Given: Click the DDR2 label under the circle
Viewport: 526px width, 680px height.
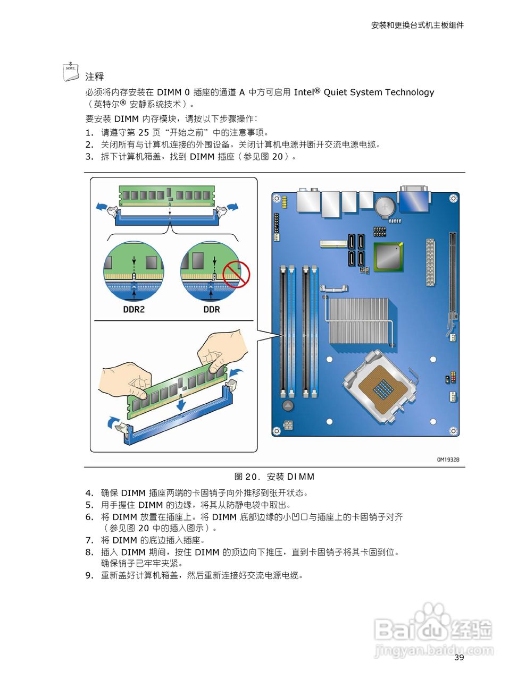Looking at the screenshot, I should pos(133,309).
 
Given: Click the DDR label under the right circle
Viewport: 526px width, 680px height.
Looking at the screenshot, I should pos(212,309).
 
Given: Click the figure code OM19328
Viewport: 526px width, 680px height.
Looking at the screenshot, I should pos(448,460).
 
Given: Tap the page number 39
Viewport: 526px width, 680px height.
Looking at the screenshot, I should pos(459,658).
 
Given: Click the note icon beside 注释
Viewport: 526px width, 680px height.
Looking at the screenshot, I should pos(71,72).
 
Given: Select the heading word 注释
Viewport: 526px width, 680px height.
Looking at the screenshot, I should pos(95,76).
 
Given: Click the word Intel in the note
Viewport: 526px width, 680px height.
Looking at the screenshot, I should pos(304,92).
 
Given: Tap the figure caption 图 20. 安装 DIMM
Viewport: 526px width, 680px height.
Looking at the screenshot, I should pos(274,477).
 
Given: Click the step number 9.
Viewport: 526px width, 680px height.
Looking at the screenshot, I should pos(89,575).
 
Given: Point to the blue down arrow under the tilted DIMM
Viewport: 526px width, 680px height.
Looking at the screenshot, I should pos(181,404).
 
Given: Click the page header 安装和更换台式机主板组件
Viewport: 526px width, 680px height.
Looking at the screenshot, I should pos(417,25).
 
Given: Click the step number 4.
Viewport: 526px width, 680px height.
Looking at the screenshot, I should pos(89,493).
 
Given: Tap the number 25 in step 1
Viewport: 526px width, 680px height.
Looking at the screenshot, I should pos(143,133).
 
